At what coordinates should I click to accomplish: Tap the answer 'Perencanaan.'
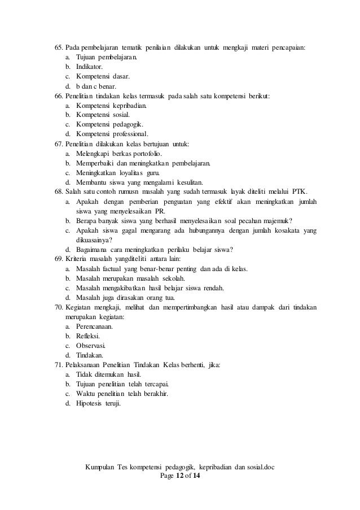pyautogui.click(x=96, y=326)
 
